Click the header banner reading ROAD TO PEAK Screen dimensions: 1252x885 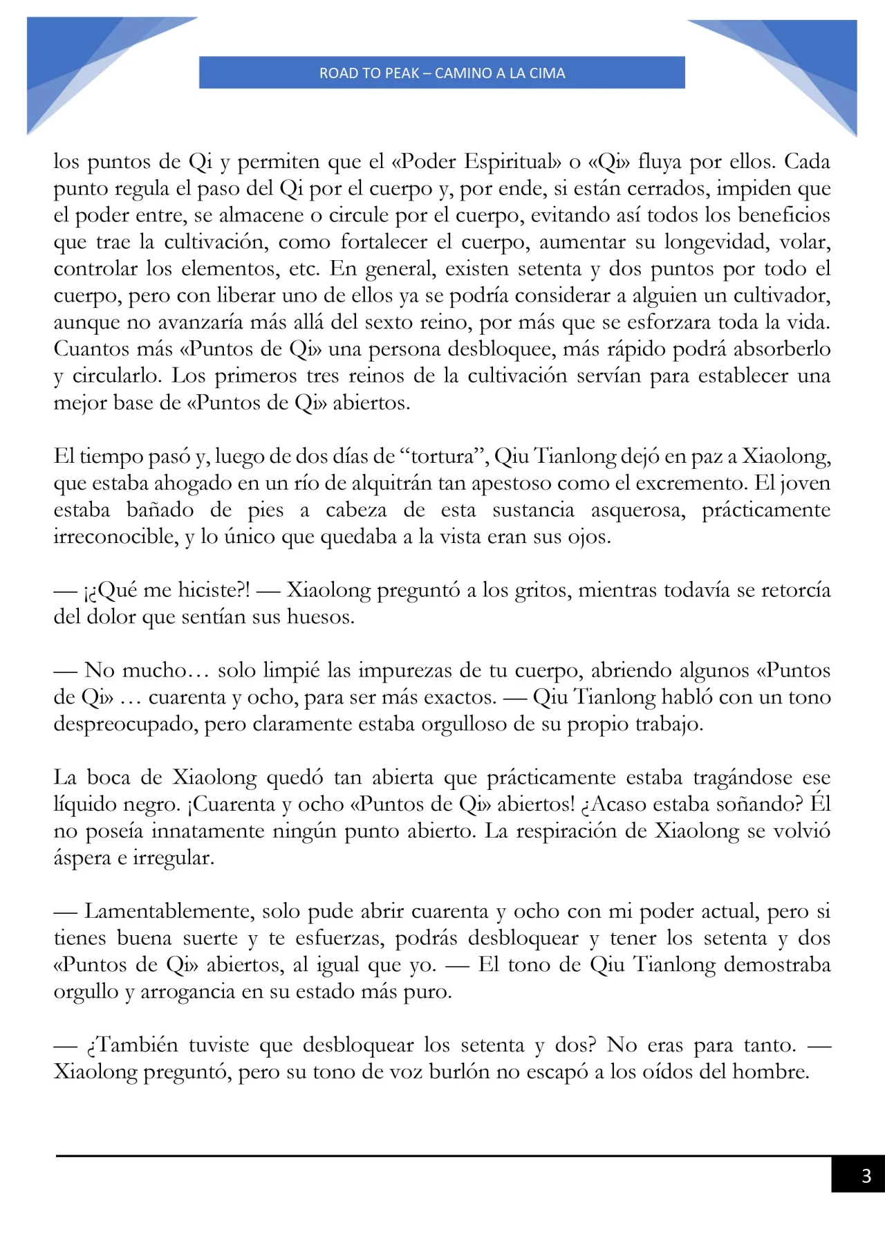(x=442, y=73)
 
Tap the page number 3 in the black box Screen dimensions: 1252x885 (x=865, y=1175)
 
